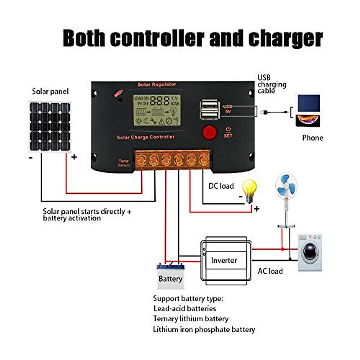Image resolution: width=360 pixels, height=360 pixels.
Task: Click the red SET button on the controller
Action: click(209, 133)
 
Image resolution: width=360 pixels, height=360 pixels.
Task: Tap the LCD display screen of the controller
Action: click(157, 110)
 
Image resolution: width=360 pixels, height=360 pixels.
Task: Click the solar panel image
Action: click(49, 127)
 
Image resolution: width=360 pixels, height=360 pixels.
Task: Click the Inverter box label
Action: click(224, 260)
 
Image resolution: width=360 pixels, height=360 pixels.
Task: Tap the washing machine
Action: click(310, 252)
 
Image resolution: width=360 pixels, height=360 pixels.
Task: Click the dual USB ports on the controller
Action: click(210, 110)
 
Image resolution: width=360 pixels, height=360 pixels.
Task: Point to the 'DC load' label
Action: click(221, 186)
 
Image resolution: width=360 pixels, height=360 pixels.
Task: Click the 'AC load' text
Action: click(270, 271)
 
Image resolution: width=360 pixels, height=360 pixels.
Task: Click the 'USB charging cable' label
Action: click(271, 84)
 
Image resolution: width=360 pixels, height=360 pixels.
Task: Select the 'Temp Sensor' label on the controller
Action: click(124, 163)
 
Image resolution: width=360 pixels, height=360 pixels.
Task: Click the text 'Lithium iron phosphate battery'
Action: click(204, 329)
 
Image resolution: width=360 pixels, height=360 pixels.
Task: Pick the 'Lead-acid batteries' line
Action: click(184, 308)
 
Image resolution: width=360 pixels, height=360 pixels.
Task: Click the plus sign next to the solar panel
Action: click(74, 157)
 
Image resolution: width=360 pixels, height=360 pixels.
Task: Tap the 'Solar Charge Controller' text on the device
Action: click(145, 137)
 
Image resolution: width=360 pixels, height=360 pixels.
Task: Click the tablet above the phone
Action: click(308, 103)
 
